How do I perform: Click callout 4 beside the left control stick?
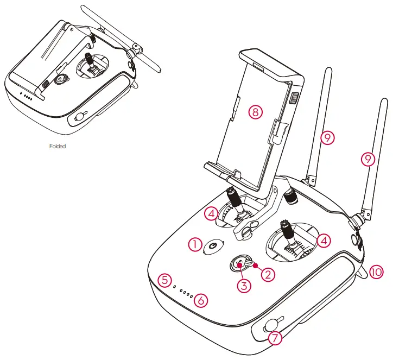(x=213, y=213)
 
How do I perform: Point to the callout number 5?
(x=166, y=280)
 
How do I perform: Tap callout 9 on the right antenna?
(x=369, y=159)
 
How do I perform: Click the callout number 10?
(x=376, y=272)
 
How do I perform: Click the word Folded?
(x=57, y=146)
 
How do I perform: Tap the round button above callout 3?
(x=238, y=263)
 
